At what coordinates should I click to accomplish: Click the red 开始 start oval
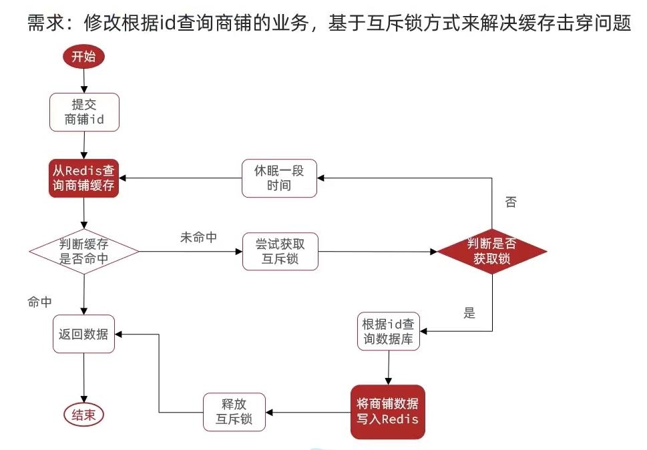tap(84, 57)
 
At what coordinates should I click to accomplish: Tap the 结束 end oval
tap(84, 415)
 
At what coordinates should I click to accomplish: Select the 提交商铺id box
tap(84, 112)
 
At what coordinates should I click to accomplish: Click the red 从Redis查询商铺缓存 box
tap(84, 178)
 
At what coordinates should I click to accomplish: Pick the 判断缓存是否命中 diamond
tap(84, 252)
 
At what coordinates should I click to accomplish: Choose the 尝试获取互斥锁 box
tap(280, 252)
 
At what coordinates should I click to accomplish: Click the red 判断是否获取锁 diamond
tap(492, 252)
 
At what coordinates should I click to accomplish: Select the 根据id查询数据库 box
tap(388, 331)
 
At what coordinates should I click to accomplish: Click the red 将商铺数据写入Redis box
tap(388, 411)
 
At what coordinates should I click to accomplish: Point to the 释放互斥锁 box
tap(234, 411)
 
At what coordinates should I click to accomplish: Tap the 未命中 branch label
tap(198, 237)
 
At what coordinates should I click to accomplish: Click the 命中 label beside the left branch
tap(39, 302)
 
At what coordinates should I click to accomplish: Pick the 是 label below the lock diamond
tap(469, 312)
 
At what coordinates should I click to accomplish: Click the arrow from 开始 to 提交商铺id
tap(84, 80)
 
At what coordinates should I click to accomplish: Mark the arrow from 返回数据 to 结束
tap(84, 377)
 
